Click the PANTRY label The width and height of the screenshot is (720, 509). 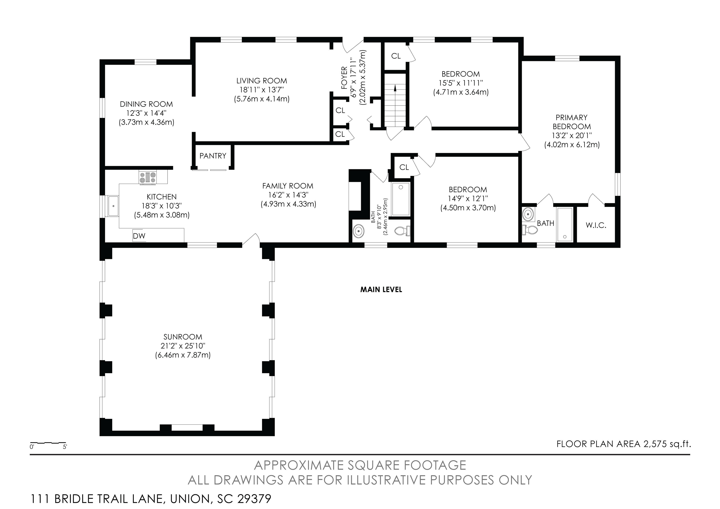(x=213, y=156)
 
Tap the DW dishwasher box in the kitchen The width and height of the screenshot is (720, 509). (x=139, y=236)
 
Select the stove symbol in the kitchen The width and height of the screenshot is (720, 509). (x=148, y=177)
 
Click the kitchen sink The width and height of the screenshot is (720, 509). (x=113, y=206)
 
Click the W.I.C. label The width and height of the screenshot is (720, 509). (x=596, y=225)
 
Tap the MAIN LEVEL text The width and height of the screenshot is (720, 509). (x=381, y=290)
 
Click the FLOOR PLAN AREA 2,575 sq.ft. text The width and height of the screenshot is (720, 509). (x=624, y=444)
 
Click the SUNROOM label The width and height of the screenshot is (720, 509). (x=183, y=337)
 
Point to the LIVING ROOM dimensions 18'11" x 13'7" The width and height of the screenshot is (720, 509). (x=262, y=90)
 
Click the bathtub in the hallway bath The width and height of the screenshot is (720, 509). (x=401, y=199)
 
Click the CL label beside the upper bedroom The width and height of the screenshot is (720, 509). (x=396, y=56)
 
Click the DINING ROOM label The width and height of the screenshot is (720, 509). (x=146, y=104)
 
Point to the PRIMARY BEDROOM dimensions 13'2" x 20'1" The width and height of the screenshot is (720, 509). (x=572, y=136)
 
